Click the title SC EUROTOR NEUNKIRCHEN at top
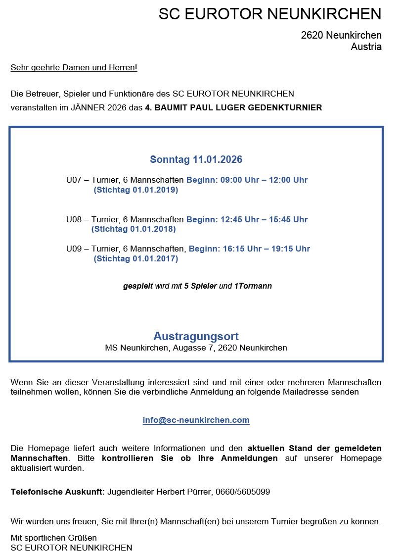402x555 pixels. click(269, 14)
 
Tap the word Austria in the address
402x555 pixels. click(366, 47)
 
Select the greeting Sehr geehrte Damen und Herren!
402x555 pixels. click(74, 67)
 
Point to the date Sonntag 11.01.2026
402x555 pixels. click(196, 159)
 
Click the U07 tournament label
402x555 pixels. click(73, 180)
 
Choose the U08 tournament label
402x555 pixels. click(73, 219)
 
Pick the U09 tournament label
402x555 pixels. click(73, 249)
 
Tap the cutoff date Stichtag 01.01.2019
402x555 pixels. click(135, 190)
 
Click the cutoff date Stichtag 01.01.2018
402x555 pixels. click(134, 229)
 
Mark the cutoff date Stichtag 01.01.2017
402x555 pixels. click(135, 258)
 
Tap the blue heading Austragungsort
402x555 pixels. click(196, 336)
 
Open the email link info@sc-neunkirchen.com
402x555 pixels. click(196, 420)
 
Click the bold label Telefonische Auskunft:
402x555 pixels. click(57, 492)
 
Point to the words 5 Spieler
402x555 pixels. click(200, 286)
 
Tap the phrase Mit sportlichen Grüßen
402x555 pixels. click(53, 538)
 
